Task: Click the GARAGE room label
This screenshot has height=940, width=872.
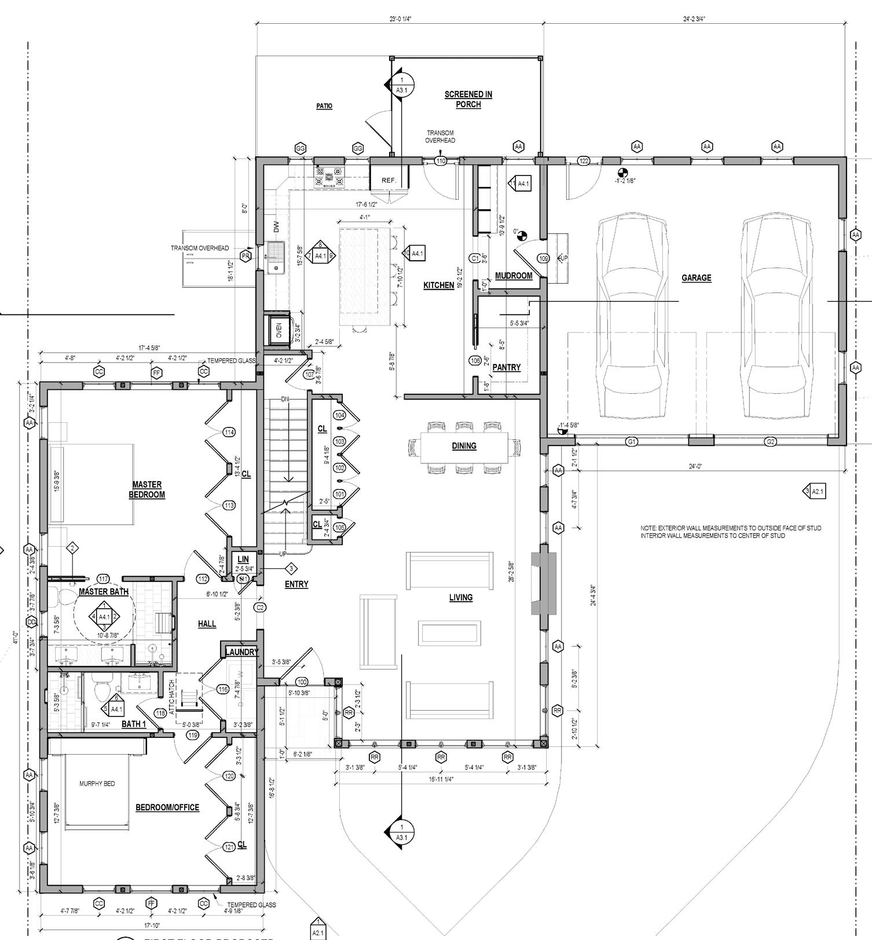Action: click(x=696, y=278)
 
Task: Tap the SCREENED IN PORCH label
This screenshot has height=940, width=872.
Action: click(x=468, y=99)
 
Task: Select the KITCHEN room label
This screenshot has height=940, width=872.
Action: click(x=438, y=285)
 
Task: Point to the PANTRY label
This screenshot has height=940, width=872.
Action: click(x=506, y=367)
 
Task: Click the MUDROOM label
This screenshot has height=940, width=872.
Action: click(x=514, y=276)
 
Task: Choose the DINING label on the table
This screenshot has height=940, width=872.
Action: click(x=464, y=446)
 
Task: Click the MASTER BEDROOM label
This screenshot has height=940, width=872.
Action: click(x=146, y=489)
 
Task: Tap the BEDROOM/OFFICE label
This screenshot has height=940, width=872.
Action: click(x=167, y=807)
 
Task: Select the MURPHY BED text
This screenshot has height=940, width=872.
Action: click(x=97, y=784)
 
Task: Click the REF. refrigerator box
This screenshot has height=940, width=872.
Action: click(x=389, y=180)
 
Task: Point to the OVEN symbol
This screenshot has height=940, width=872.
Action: click(x=279, y=331)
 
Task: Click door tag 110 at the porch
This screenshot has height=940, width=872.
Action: click(x=441, y=161)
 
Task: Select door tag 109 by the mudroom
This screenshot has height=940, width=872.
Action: click(x=543, y=258)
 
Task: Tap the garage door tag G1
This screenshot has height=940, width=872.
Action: click(x=632, y=442)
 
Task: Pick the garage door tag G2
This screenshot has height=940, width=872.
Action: click(x=771, y=442)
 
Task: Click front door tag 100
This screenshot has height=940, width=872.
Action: click(x=302, y=682)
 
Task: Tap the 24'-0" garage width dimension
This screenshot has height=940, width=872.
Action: click(x=695, y=466)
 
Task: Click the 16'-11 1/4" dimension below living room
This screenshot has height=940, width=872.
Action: click(x=441, y=779)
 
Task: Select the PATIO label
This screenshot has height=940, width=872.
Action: click(x=324, y=106)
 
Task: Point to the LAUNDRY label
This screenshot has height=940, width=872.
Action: click(x=241, y=652)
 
